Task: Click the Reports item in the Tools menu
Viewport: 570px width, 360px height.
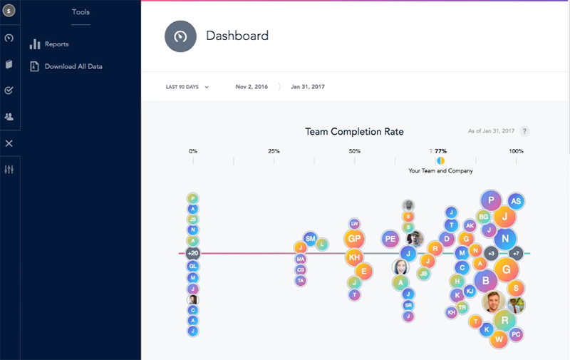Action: point(56,44)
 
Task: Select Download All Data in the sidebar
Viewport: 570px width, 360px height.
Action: point(73,66)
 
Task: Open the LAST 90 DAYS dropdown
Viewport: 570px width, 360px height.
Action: point(187,87)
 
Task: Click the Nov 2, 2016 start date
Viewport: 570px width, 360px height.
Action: point(251,87)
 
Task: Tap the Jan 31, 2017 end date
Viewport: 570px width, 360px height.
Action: point(308,87)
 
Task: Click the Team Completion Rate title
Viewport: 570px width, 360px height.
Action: point(354,132)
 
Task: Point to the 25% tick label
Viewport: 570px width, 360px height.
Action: point(274,151)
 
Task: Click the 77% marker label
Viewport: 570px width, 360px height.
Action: point(441,151)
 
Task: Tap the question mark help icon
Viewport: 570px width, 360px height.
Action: point(524,131)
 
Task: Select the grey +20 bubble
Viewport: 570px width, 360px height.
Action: point(192,253)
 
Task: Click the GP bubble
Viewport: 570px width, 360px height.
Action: point(354,239)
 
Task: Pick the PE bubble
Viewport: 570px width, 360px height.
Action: point(390,239)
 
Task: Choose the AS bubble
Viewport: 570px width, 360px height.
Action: point(516,202)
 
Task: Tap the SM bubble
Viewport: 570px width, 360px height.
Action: point(310,238)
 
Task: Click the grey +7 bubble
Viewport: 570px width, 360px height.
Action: point(517,253)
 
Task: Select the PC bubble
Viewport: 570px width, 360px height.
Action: point(517,334)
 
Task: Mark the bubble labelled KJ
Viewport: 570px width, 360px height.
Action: point(470,291)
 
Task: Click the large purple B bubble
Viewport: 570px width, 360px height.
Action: point(486,281)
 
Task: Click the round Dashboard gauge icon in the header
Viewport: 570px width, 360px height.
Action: point(180,36)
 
